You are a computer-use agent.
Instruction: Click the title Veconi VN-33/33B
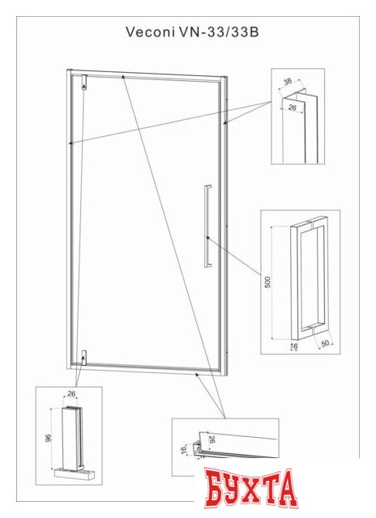[192, 32]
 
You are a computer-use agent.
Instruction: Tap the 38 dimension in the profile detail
[288, 81]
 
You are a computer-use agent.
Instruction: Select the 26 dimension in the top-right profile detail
[293, 108]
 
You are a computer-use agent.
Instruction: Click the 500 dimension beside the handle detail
[267, 282]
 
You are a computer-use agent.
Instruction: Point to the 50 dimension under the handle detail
[325, 343]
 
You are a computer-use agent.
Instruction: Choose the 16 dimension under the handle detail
[293, 346]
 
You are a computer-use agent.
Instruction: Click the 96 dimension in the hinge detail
[49, 439]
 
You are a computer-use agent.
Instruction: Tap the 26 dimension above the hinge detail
[71, 394]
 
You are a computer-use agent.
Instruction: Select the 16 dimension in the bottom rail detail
[184, 450]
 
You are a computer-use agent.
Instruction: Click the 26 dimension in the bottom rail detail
[212, 439]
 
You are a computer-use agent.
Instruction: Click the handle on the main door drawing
[207, 226]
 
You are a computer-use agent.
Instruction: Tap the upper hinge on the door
[84, 83]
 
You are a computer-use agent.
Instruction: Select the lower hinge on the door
[84, 358]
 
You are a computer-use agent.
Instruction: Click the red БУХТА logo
[250, 489]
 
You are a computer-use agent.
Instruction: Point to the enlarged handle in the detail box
[310, 278]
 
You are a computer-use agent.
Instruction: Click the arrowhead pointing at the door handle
[207, 237]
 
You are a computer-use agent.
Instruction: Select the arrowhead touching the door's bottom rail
[197, 375]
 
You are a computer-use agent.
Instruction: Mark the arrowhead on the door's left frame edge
[70, 143]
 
